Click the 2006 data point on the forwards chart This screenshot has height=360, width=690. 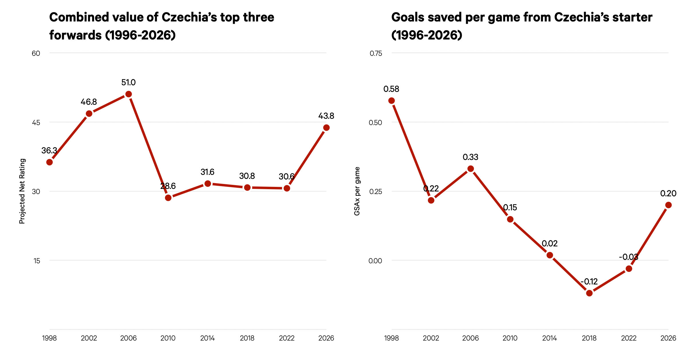[129, 94]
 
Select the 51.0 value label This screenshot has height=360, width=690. [128, 83]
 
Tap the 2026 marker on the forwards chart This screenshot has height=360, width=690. [326, 128]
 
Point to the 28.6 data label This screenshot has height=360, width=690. [168, 186]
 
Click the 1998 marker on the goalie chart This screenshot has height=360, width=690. [391, 101]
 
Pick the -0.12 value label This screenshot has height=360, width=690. [589, 282]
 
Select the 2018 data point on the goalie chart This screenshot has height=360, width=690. [589, 293]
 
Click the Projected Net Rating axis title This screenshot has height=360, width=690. [22, 191]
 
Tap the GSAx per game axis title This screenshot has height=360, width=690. [357, 191]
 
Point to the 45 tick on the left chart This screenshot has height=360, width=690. [36, 122]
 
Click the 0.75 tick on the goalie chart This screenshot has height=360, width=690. [376, 54]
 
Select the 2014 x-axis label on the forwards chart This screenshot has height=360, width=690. [207, 338]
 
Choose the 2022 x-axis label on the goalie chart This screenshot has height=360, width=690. [629, 338]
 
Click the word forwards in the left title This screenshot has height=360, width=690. [75, 35]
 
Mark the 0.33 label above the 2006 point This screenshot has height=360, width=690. [470, 157]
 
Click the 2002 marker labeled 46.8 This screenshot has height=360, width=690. [89, 114]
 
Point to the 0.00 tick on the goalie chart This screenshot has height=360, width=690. [375, 261]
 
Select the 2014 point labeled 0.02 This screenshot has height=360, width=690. [550, 255]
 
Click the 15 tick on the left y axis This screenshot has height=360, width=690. [37, 261]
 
